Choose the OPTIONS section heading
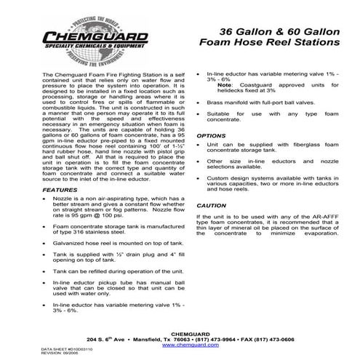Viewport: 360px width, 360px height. [211, 135]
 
